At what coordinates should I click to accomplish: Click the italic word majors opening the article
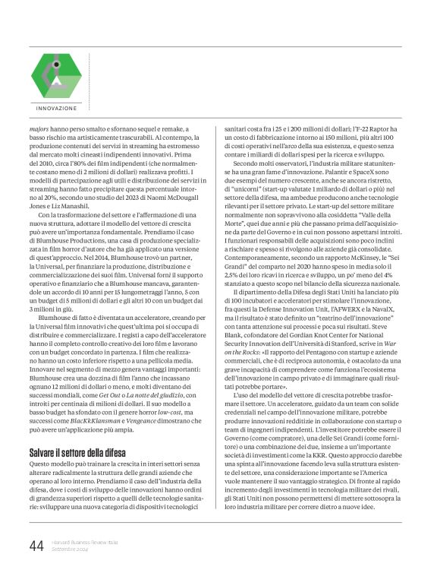pyautogui.click(x=40, y=128)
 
